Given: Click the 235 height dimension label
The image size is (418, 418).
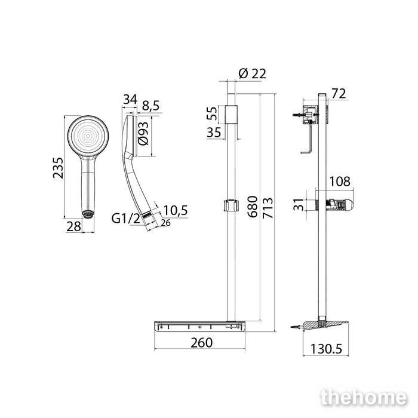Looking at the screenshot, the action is [58, 168].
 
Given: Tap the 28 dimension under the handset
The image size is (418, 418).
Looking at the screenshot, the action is [73, 226].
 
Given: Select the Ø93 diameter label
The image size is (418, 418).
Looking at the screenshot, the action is [143, 133].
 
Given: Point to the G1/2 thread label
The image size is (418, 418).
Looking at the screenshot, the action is [125, 219].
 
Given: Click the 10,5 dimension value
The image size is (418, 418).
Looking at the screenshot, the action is [176, 210].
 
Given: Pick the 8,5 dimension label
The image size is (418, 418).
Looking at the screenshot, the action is [150, 106].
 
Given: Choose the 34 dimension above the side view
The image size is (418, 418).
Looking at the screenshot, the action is [130, 100].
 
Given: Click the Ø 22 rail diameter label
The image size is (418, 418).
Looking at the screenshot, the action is [252, 73].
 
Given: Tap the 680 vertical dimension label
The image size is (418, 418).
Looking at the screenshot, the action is [253, 207].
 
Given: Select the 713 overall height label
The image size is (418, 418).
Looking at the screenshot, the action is [268, 208].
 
